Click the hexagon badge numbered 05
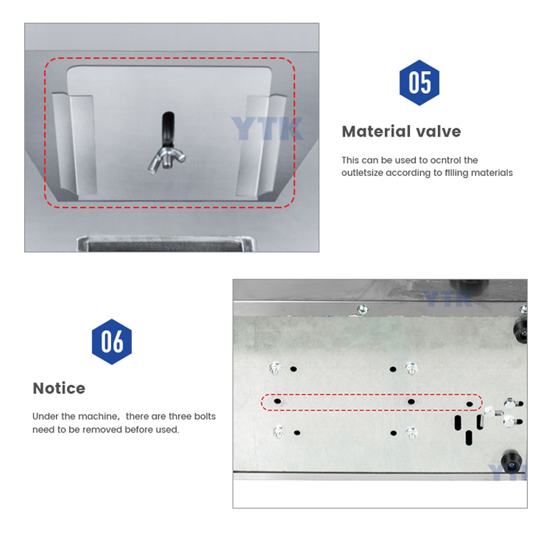click(420, 83)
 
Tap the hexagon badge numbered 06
click(112, 342)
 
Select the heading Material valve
click(401, 131)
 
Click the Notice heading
click(59, 388)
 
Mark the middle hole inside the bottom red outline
click(411, 401)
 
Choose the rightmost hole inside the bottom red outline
click(470, 404)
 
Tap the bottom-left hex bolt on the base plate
click(280, 432)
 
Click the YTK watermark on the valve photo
click(266, 128)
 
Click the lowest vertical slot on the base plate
click(469, 437)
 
